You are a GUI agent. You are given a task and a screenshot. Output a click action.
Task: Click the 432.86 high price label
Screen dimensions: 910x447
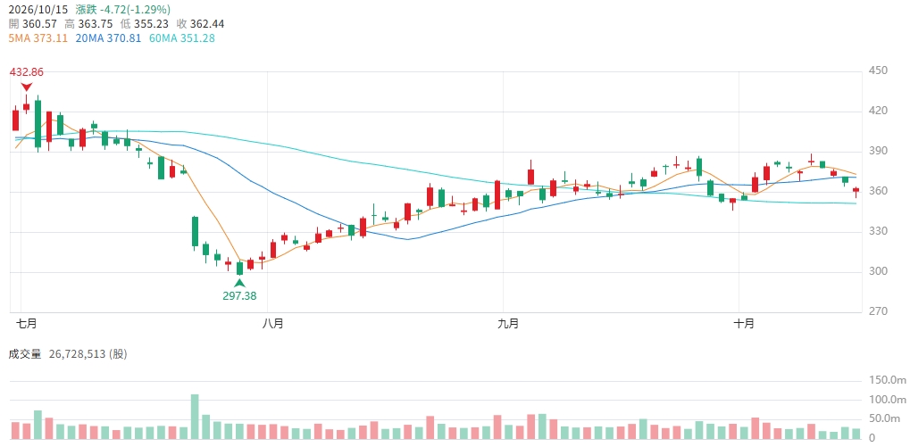26,72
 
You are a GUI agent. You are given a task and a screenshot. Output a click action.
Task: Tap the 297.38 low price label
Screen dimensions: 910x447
239,295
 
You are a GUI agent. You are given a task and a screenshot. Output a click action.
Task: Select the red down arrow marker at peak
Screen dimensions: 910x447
26,87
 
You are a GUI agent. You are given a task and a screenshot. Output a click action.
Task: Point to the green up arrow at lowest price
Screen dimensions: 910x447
239,283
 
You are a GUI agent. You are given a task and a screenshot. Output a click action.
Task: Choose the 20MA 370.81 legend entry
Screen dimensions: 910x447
108,38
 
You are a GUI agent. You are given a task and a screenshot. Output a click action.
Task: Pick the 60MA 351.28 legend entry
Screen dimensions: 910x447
181,38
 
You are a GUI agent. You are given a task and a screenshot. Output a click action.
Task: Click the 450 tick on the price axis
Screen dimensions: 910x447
881,71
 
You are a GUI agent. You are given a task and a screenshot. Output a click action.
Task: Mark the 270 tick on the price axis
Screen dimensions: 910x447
881,312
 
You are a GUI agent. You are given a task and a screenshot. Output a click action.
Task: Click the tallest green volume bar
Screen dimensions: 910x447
195,417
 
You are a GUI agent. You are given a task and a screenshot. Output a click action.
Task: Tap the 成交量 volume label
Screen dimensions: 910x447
25,354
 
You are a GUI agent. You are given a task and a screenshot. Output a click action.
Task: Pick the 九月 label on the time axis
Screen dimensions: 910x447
508,324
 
